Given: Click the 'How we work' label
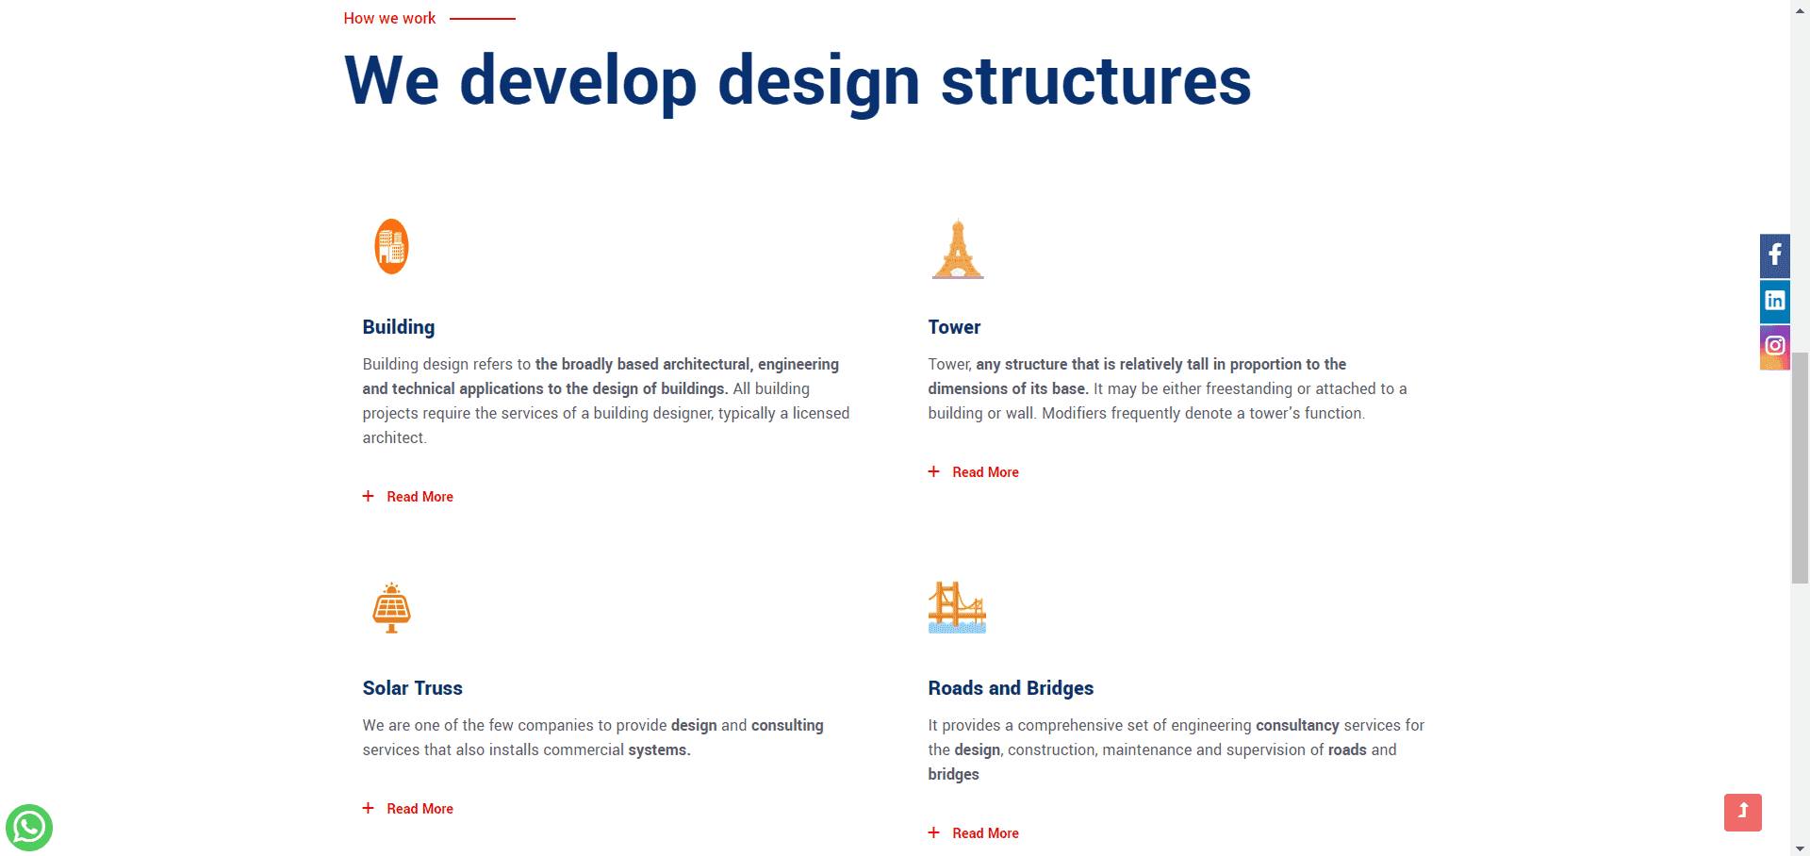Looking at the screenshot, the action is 389,18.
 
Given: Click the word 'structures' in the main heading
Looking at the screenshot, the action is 1095,81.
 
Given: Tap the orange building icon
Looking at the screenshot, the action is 391,247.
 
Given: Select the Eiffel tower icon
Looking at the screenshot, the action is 958,249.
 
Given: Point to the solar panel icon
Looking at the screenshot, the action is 391,608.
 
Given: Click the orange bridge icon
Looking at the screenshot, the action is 957,607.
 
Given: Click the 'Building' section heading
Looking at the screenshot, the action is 399,327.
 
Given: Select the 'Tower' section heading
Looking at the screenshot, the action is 954,327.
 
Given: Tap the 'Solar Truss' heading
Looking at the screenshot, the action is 412,688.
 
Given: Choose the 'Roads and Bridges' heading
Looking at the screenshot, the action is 1011,688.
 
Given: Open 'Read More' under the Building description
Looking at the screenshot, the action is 420,497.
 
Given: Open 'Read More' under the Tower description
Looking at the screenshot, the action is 985,472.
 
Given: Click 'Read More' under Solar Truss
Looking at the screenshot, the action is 420,809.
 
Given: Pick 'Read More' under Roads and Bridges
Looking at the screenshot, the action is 985,833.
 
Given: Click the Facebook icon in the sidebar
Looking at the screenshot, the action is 1775,255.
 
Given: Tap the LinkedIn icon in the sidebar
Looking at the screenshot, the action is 1775,301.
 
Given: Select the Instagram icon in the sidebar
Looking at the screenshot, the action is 1775,346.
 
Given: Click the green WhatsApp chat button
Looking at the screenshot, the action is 29,828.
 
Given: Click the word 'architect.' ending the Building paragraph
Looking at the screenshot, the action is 394,437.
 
